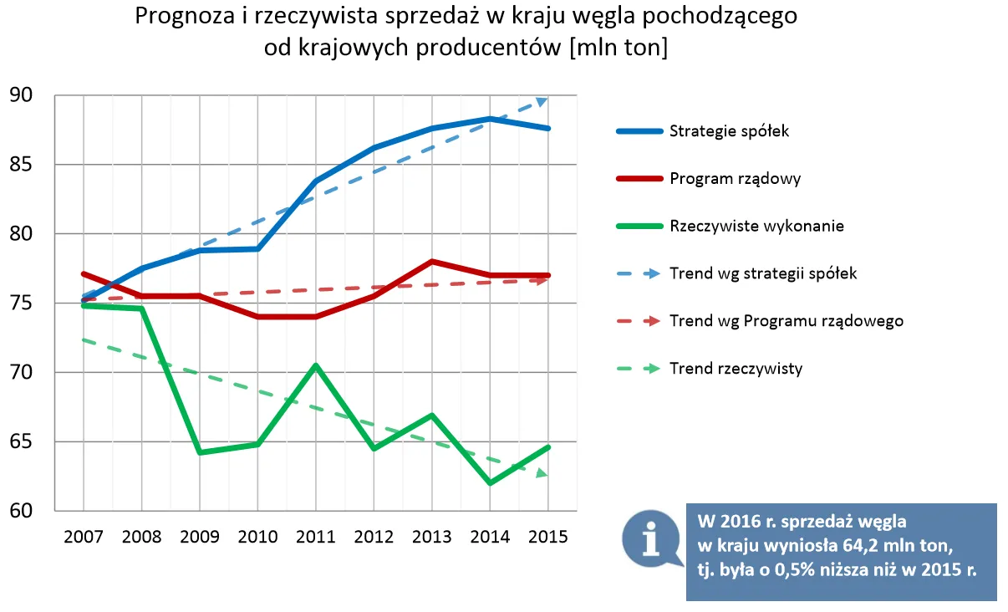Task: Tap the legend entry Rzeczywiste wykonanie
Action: (x=756, y=227)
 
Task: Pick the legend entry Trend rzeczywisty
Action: (x=736, y=369)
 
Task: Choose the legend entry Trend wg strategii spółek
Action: (x=763, y=273)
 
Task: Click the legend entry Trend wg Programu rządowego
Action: (x=786, y=321)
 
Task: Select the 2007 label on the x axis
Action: (x=84, y=537)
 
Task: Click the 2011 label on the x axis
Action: (x=315, y=537)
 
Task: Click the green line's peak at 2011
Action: (x=316, y=365)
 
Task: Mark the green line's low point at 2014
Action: (x=490, y=482)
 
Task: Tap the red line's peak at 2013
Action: (x=431, y=262)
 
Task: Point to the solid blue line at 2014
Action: (x=490, y=119)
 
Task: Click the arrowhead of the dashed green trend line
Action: (x=542, y=473)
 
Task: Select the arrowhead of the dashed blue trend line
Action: (x=542, y=101)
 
